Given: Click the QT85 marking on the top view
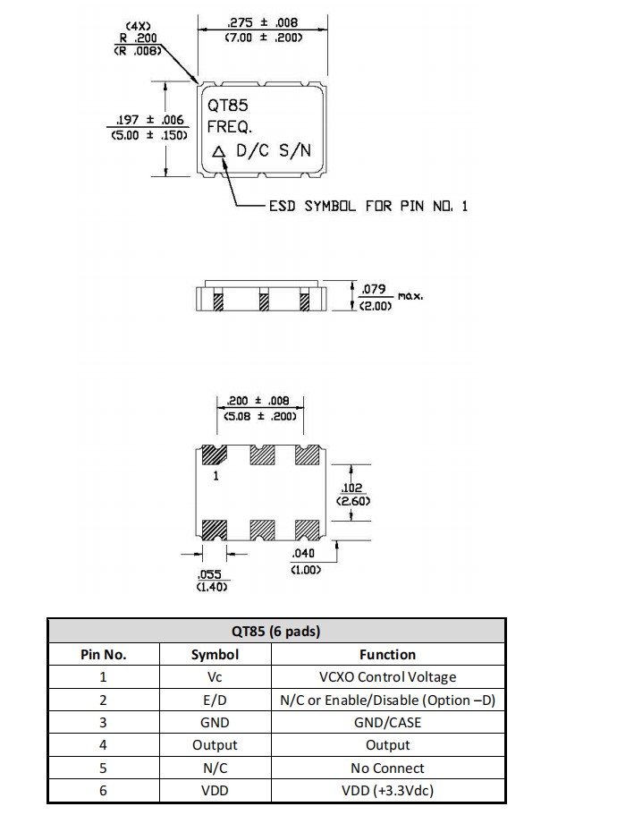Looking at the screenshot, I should (228, 106).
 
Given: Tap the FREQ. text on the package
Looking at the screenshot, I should (230, 127).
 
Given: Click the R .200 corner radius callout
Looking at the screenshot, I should (139, 38).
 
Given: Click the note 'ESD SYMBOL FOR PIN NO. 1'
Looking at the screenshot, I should (368, 206).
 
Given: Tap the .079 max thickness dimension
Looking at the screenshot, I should (372, 289).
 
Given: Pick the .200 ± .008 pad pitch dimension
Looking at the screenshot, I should (258, 401).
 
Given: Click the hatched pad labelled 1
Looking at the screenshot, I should (215, 456).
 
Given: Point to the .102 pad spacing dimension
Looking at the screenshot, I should (351, 488).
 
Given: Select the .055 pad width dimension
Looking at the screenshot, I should (211, 574).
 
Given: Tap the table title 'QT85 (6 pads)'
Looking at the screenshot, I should (275, 631).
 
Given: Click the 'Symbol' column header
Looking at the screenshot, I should (215, 654).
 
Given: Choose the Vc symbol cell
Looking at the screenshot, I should (215, 677).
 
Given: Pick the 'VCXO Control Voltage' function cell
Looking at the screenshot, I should (387, 677).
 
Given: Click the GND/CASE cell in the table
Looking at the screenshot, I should (387, 722).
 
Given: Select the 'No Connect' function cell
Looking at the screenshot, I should (387, 768).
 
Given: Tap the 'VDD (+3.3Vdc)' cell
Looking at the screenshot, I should (387, 790).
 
